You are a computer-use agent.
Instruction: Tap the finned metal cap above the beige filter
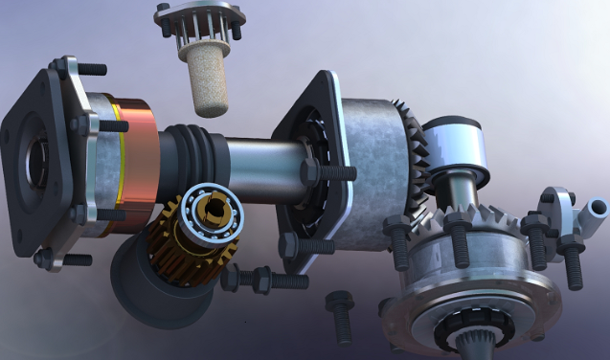coord(199,21)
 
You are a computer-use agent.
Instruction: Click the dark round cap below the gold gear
coord(153,287)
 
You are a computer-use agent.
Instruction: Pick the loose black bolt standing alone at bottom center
coord(340,316)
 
